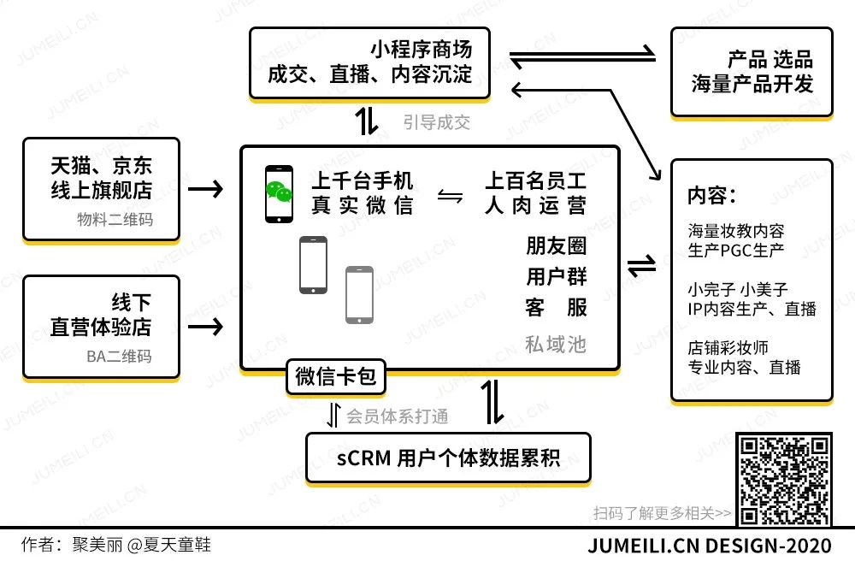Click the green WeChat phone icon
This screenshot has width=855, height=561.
pos(278,194)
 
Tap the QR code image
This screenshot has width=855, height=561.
pos(784,479)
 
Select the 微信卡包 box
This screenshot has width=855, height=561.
pos(336,376)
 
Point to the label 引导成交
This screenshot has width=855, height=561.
pos(437,121)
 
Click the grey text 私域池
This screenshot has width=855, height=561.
pos(556,344)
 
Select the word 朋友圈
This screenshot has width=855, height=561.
pos(556,246)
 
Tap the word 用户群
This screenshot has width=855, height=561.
pos(556,277)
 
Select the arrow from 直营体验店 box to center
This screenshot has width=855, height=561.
pos(205,326)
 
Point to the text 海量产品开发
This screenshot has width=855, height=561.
pos(752,84)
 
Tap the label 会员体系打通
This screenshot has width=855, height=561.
pos(397,416)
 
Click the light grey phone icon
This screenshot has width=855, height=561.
pos(359,294)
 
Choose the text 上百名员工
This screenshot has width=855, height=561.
pos(536,181)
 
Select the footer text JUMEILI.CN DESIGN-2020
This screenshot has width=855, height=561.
pos(710,546)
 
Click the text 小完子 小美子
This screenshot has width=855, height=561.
pos(738,288)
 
